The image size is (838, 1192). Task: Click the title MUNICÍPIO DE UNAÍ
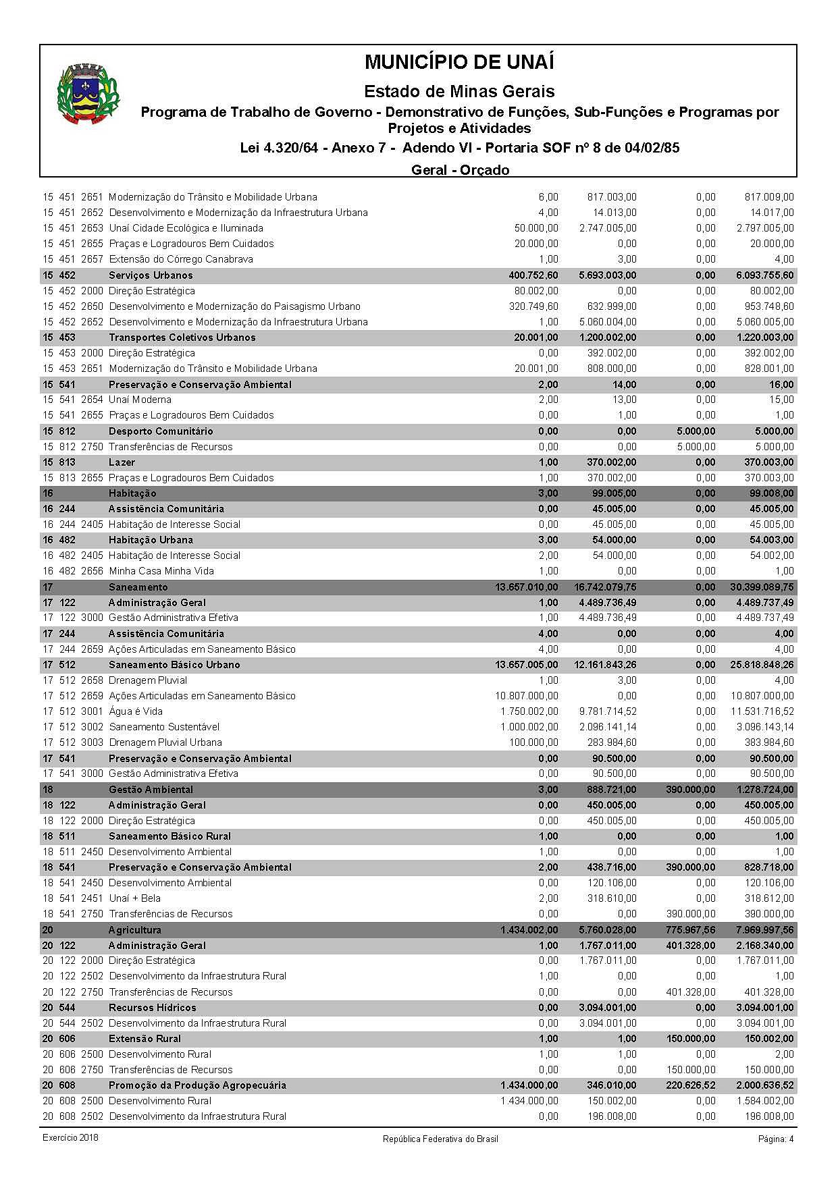459,62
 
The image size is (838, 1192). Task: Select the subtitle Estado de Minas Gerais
459,91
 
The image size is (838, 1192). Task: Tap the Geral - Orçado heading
460,169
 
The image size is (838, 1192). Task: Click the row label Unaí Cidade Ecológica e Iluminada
186,228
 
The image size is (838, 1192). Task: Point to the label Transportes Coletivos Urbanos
182,337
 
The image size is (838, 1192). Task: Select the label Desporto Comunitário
161,431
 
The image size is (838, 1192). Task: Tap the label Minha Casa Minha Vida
161,571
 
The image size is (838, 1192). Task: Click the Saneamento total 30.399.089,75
762,587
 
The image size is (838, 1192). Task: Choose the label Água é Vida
136,711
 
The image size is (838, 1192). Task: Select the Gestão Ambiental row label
151,790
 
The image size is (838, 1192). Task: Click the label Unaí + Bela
134,898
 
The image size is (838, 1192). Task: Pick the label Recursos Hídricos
153,1008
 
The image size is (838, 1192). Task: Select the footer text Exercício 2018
70,1138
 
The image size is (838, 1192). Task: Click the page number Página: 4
776,1139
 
